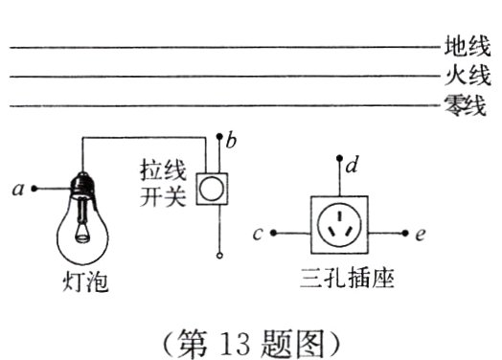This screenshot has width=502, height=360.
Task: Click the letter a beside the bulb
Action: coord(18,190)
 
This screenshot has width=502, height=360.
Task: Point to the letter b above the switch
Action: coord(232,141)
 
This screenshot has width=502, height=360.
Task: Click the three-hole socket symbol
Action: coord(340,226)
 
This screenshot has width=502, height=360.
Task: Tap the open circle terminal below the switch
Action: coord(219,256)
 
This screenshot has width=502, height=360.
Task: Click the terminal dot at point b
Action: coord(219,137)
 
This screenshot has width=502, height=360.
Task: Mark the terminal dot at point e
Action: coord(408,233)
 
